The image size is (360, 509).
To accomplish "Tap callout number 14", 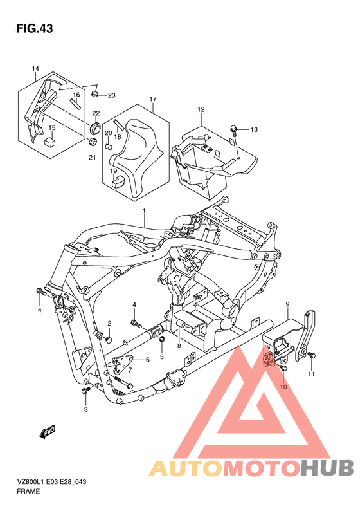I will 35,69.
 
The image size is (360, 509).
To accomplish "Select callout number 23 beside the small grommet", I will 111,95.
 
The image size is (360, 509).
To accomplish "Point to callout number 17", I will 153,99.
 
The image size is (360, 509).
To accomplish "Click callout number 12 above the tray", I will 201,109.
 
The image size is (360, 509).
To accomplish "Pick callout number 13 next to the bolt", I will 253,130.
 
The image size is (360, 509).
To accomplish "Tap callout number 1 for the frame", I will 145,211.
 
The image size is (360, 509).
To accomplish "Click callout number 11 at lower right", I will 311,374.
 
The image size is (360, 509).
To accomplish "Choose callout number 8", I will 179,346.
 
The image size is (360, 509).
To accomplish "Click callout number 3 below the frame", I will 85,409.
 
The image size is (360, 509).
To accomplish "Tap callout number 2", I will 109,323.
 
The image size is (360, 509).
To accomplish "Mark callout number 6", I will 147,360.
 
